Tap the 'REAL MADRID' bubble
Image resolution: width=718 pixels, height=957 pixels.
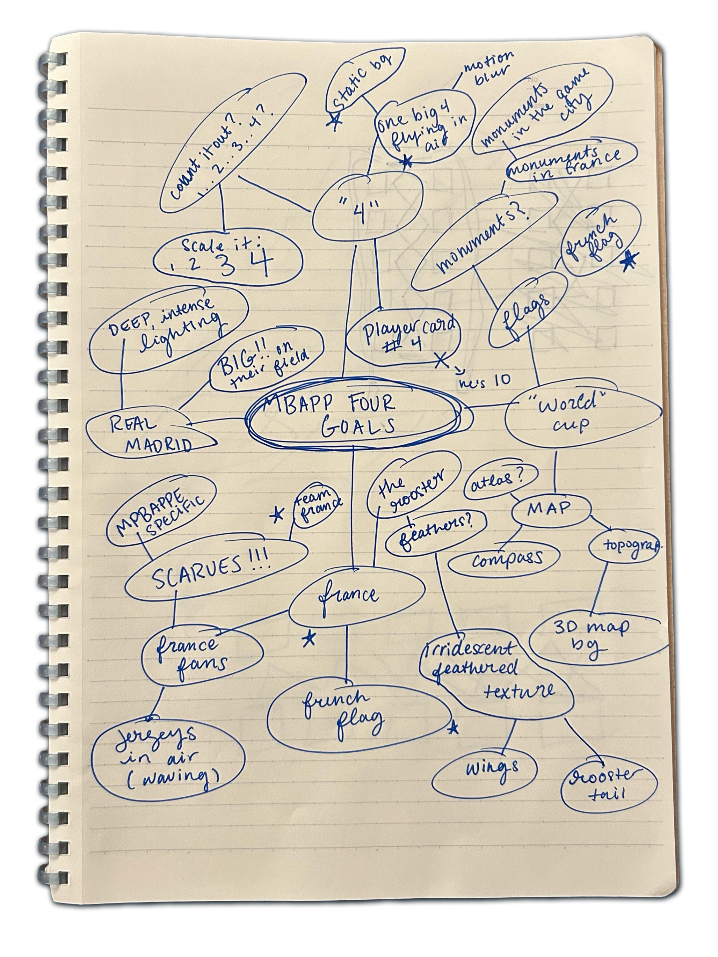(152, 433)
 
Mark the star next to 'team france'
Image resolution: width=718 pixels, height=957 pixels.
(277, 515)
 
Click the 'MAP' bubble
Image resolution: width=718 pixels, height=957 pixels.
(550, 509)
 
